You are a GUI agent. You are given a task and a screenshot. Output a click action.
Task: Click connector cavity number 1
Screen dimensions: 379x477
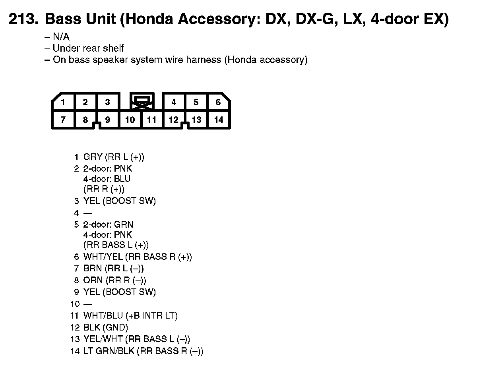[x=63, y=102]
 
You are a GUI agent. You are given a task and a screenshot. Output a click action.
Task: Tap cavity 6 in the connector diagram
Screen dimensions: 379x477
[x=218, y=102]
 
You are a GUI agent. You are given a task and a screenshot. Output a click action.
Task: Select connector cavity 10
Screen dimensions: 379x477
[x=130, y=120]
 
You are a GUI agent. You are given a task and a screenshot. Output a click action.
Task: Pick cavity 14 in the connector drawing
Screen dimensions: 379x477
[x=219, y=120]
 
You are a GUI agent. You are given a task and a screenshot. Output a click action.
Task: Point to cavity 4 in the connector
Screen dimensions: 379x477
[x=174, y=102]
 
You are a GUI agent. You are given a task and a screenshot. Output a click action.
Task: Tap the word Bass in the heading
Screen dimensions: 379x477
[x=63, y=19]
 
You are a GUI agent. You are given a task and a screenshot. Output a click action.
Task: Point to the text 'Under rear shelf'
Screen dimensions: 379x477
[x=88, y=48]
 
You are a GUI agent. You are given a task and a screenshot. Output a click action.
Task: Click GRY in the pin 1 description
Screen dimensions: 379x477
[x=93, y=157]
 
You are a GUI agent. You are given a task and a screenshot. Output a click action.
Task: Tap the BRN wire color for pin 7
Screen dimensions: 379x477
[x=93, y=269]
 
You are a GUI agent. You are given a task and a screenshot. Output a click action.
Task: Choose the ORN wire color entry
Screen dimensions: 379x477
[x=93, y=280]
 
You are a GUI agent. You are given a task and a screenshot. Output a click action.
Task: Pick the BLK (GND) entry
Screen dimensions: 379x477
[x=106, y=328]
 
